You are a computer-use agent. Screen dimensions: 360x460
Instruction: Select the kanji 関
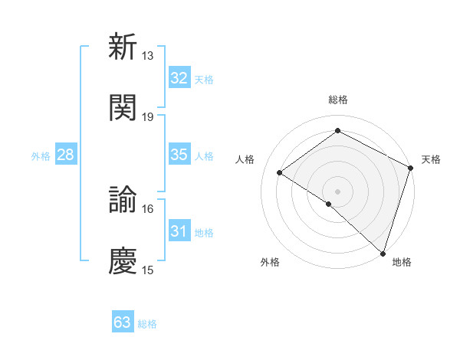123,107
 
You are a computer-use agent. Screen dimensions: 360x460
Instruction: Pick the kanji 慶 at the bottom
123,260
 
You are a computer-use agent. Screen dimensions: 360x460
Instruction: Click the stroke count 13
147,55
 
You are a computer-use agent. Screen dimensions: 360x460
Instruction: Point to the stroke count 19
147,116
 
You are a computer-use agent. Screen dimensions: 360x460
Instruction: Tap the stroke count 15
147,270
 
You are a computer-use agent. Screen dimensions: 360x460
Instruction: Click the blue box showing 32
179,78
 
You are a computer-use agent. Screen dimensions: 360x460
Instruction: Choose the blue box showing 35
179,155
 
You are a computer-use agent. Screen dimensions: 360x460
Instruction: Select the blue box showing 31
179,231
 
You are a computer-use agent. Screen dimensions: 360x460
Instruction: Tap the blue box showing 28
66,155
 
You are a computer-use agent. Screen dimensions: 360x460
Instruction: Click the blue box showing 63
123,322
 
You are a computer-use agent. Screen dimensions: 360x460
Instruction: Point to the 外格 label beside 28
41,155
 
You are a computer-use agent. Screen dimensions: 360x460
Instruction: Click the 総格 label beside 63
147,323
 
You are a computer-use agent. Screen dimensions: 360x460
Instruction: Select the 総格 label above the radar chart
337,100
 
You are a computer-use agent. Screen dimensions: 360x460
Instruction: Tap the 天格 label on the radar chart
431,159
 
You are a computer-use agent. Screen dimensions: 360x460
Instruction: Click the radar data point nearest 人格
280,172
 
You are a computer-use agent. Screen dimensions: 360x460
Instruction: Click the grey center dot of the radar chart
337,190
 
